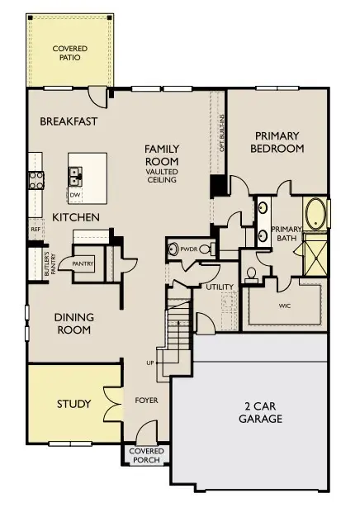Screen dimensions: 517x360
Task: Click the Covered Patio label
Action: click(x=69, y=54)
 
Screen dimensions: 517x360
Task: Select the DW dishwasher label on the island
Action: click(x=74, y=195)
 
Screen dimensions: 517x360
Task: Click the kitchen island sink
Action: click(x=75, y=175)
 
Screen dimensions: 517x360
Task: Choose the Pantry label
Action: click(x=83, y=263)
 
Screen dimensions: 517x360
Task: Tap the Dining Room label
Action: click(x=73, y=323)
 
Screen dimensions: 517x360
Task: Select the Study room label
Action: click(x=73, y=404)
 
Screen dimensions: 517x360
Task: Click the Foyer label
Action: click(x=146, y=401)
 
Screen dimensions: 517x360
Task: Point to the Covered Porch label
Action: click(x=146, y=456)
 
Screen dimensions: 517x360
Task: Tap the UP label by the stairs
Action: click(x=149, y=363)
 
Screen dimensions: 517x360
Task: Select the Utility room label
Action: click(x=221, y=287)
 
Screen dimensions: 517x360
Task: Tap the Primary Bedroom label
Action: click(x=280, y=142)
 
